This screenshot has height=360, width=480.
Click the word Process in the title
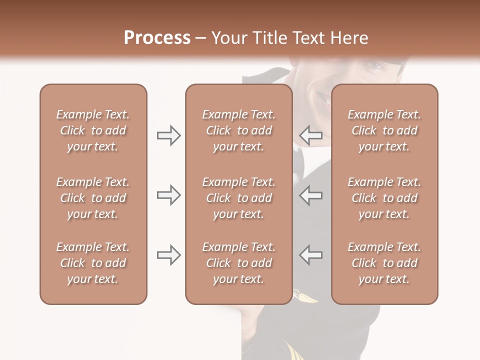157,37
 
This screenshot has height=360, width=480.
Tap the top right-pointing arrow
168,135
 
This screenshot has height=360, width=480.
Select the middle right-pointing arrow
168,195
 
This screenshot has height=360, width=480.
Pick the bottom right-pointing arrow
168,255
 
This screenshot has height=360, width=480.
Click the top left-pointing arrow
310,135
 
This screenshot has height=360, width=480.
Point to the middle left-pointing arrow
310,195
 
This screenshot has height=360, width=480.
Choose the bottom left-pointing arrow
310,255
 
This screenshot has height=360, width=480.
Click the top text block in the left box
93,130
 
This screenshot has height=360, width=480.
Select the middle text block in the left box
93,198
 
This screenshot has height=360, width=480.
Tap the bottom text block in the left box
93,263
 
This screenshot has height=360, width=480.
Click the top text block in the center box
238,130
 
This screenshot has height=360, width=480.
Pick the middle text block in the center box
238,198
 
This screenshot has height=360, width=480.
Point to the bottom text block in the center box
238,263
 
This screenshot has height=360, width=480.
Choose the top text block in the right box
384,130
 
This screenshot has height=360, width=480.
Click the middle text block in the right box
384,198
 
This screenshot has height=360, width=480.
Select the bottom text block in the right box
384,263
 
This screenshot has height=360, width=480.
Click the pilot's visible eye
372,65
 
